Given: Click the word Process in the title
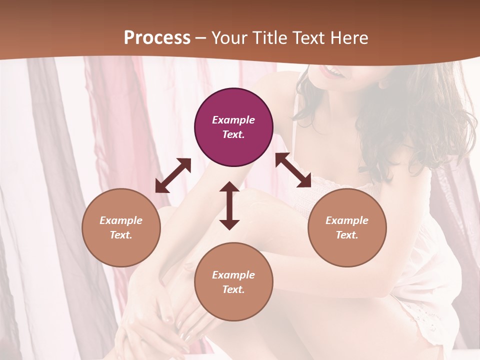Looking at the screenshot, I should tap(157, 38).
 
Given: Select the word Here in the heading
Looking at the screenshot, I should tap(349, 38).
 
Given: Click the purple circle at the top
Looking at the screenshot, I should tap(233, 127).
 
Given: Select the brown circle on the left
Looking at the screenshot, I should tap(121, 227).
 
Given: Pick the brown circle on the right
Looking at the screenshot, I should tap(347, 227).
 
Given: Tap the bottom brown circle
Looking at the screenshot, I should tap(233, 282).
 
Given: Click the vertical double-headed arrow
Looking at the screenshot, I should tap(229, 205).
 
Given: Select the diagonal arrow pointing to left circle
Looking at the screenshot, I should tap(173, 175).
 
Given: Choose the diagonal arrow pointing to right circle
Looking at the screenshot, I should tap(293, 170).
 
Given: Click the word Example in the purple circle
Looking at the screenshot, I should tap(233, 120).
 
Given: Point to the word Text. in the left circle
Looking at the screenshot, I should tap(121, 235).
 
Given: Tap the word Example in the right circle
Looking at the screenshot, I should tap(347, 220).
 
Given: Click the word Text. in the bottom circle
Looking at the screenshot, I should tap(233, 289).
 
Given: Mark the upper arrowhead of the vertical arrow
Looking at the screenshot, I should tap(229, 188).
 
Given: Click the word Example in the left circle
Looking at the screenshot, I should tap(121, 220).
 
